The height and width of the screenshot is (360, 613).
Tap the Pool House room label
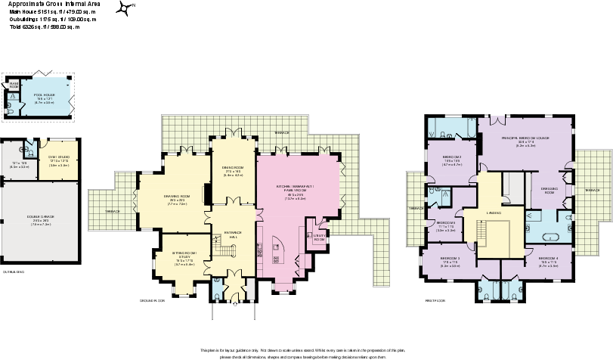[x=43, y=95]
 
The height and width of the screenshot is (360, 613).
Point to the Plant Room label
[x=14, y=85]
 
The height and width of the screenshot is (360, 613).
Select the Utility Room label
[x=318, y=236]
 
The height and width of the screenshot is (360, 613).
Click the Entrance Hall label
[x=233, y=235]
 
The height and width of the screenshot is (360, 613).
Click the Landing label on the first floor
[x=494, y=213]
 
